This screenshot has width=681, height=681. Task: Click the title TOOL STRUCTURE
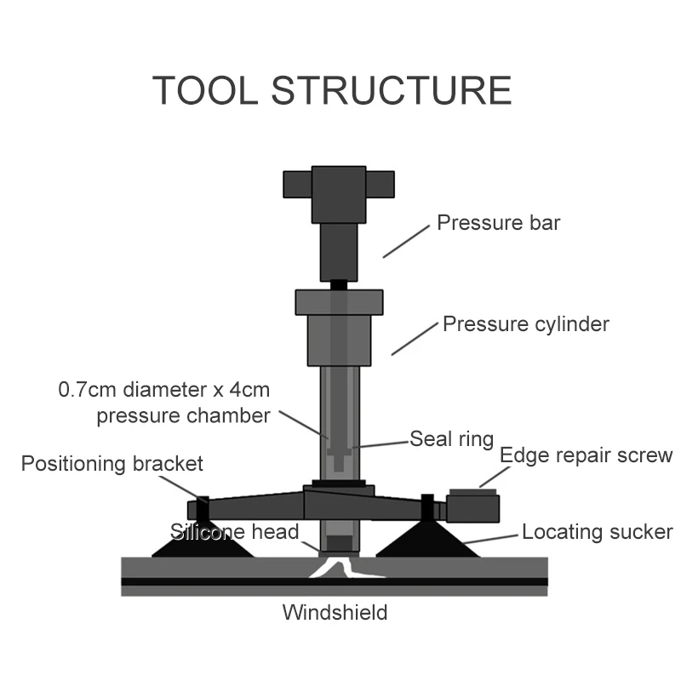point(332,90)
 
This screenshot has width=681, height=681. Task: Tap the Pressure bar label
point(498,223)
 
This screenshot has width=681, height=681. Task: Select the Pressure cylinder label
point(526,324)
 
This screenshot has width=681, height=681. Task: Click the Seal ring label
point(451,439)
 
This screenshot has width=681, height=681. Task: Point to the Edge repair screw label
point(586,455)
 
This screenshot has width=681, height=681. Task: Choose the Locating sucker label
point(597,533)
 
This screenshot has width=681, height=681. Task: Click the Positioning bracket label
point(112,464)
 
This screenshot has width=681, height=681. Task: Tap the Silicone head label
point(235,533)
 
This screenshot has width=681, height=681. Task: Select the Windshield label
point(335,612)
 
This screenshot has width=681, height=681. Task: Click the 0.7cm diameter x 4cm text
point(164,391)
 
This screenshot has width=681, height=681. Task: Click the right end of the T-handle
point(381,183)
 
